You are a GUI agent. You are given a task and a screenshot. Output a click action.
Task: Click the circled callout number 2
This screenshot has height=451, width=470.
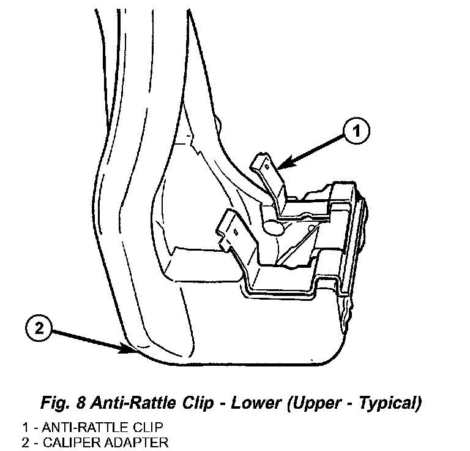click(39, 329)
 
